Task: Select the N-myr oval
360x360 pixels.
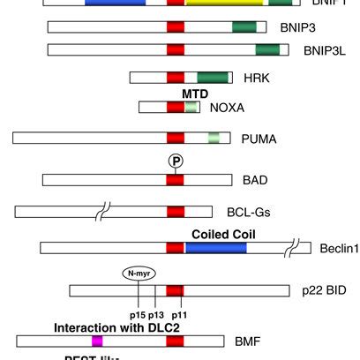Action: [x=136, y=274]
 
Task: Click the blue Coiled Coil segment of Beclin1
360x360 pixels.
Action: [x=216, y=250]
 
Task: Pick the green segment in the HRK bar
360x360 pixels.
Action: [x=214, y=78]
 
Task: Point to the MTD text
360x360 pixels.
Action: [x=195, y=93]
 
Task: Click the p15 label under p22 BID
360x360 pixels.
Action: [x=138, y=313]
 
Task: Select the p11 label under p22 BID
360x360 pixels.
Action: [x=179, y=313]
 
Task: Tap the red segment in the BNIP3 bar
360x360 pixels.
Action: [x=176, y=28]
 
